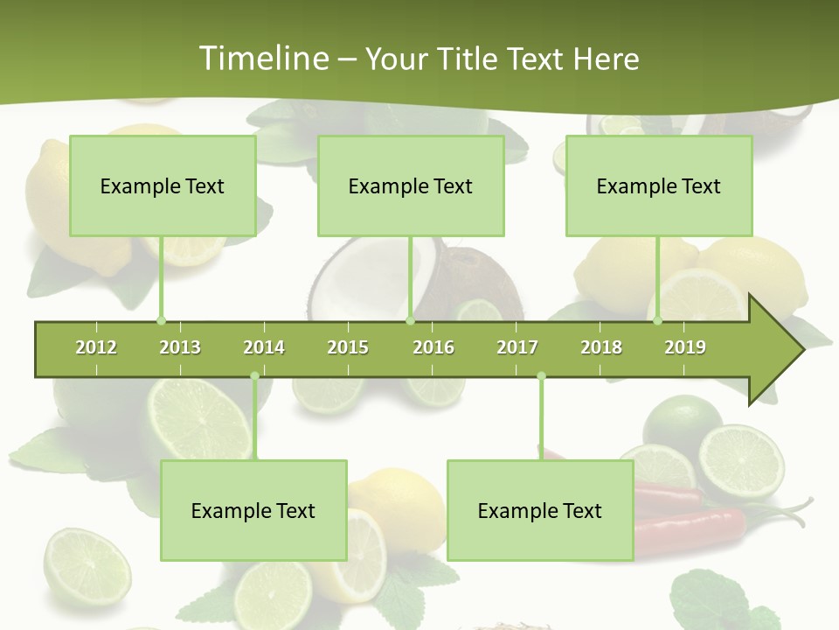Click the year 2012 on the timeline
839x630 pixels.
pos(96,347)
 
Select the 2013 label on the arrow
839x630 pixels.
pos(180,347)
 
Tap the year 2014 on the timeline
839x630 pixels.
pos(264,347)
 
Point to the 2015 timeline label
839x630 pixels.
pos(348,347)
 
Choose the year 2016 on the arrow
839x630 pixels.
pos(433,347)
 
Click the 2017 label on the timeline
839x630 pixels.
pos(517,347)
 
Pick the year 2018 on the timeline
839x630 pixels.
pos(601,347)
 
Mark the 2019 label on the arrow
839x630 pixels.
pos(685,347)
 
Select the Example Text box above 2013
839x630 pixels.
pos(163,185)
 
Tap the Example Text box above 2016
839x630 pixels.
pos(411,185)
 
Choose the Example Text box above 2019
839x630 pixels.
pos(659,185)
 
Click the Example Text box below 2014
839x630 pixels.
pos(253,510)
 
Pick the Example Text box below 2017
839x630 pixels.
pos(540,510)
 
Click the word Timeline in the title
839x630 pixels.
pos(261,59)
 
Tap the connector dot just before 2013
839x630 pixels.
pos(161,320)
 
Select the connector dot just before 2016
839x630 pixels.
pos(410,320)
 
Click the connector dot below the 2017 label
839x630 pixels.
pos(541,376)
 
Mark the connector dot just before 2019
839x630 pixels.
pos(658,320)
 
